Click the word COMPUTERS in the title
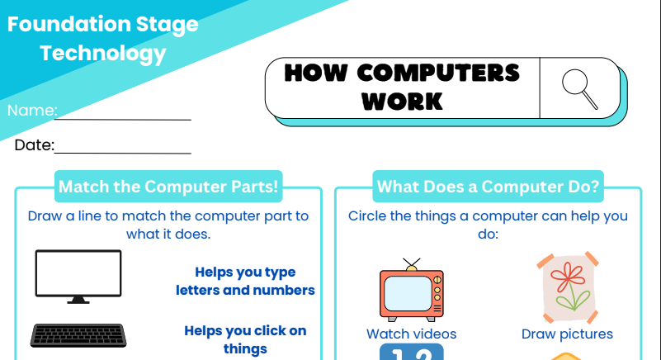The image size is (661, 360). coord(438,73)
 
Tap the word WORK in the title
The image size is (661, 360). coord(402,102)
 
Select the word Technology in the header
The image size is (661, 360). coord(103,54)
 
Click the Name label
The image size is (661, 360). coord(32,111)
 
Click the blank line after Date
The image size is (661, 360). coord(123,153)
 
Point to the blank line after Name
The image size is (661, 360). coord(123,120)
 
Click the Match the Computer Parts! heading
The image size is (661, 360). coord(168,187)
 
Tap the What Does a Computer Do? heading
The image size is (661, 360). coord(489,187)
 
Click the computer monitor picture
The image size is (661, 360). coord(78,277)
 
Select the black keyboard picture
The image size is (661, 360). coord(78,335)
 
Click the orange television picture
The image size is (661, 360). coord(412,291)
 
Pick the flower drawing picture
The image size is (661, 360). coord(568,287)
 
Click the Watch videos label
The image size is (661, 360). coord(412,334)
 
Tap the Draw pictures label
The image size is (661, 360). coord(568,334)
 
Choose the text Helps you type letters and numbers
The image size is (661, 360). coord(245,281)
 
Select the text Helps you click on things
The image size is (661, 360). coord(245,339)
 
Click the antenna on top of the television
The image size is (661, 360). coord(412,264)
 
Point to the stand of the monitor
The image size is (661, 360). coord(78,300)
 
